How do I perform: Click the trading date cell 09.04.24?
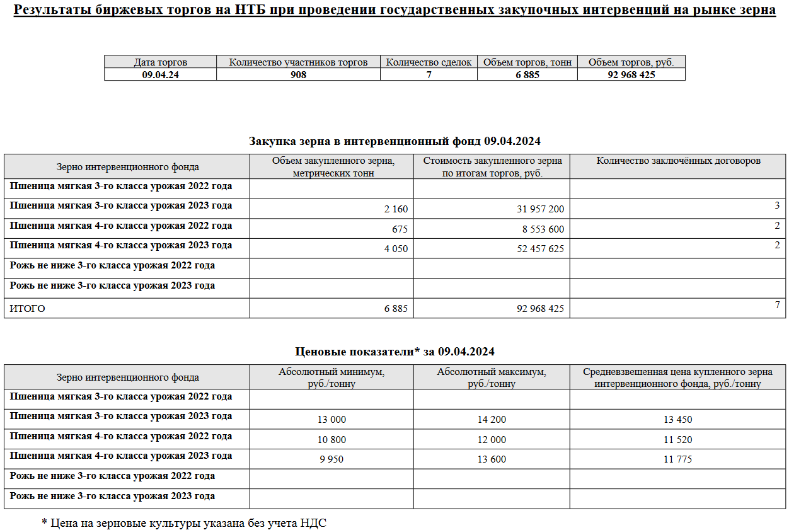tap(160, 74)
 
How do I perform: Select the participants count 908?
tap(298, 74)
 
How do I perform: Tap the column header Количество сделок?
tap(429, 62)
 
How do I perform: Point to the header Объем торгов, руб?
tap(631, 62)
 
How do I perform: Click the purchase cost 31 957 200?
tap(540, 209)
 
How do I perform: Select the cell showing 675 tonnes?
tap(400, 229)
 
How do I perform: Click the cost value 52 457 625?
tap(540, 249)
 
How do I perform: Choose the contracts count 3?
tap(777, 205)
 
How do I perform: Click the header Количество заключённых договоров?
tap(679, 161)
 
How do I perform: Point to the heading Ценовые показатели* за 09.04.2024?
tap(395, 351)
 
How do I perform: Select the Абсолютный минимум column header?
tap(331, 377)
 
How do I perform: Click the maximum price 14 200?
tap(492, 420)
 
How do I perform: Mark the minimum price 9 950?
tap(331, 459)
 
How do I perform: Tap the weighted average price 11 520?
tap(677, 440)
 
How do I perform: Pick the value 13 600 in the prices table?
tap(492, 459)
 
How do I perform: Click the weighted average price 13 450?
tap(677, 420)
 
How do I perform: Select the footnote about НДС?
tap(184, 522)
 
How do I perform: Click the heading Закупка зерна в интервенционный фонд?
tap(395, 141)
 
